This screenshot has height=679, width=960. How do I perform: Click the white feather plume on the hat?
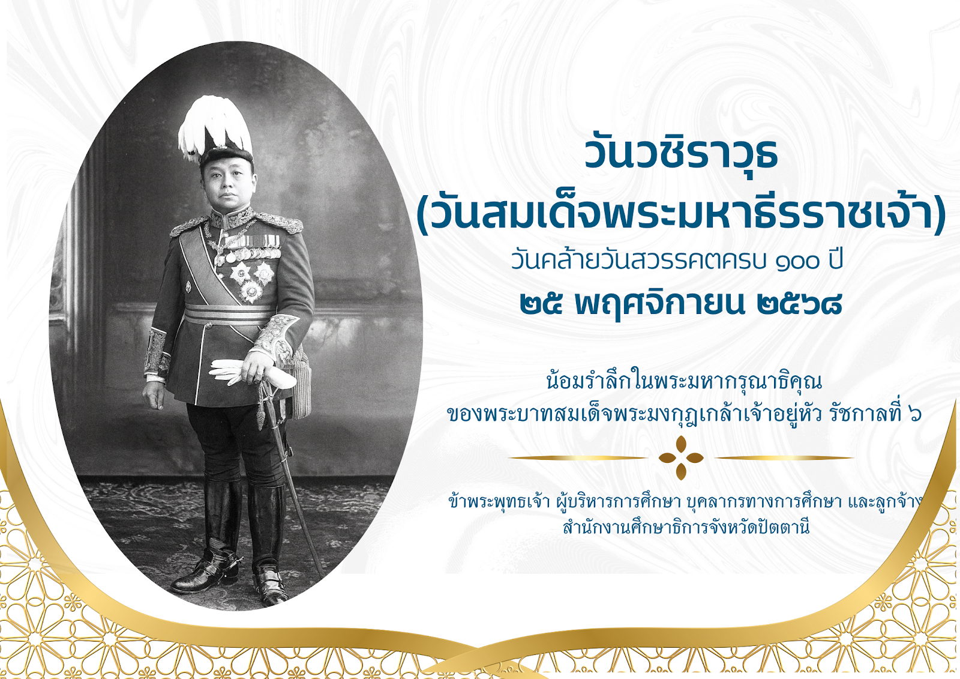[x=214, y=127]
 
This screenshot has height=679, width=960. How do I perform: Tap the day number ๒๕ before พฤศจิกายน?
[x=541, y=304]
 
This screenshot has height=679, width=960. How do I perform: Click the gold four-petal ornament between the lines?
[x=681, y=457]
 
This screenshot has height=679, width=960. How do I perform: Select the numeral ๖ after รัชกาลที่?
[x=916, y=414]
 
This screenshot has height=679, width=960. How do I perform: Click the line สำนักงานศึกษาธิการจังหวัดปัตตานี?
[x=686, y=527]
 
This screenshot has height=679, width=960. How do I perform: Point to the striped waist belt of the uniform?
[x=229, y=315]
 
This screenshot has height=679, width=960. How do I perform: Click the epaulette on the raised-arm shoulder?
[x=279, y=222]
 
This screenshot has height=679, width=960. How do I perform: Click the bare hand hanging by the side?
[x=154, y=394]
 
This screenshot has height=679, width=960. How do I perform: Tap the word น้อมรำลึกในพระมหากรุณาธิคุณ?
[x=684, y=381]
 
